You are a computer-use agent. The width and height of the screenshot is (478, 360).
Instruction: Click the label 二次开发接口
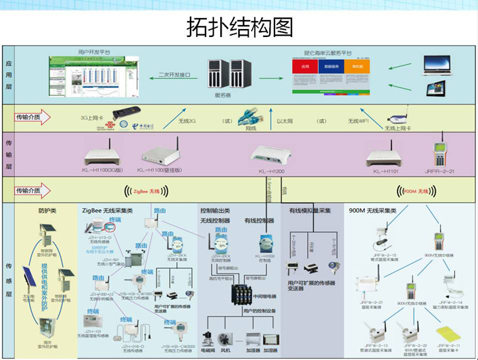click(x=174, y=75)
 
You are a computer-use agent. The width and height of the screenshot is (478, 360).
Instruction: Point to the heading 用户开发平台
click(x=94, y=52)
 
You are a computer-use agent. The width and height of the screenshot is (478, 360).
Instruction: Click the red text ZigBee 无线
click(x=147, y=191)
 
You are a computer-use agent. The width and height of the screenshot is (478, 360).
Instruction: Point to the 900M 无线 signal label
click(x=415, y=191)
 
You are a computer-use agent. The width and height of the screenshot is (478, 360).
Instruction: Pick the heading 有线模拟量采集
click(x=310, y=210)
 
